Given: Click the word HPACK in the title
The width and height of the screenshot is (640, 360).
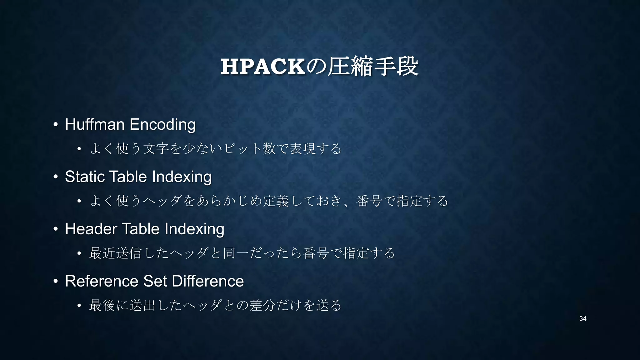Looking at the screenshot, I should click(x=263, y=67).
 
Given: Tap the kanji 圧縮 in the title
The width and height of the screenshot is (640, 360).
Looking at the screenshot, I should click(x=350, y=66).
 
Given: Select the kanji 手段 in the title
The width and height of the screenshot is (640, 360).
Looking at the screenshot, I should click(x=396, y=66).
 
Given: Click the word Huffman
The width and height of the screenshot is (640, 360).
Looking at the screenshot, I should click(x=95, y=124).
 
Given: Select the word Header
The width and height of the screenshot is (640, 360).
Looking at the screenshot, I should click(x=91, y=229).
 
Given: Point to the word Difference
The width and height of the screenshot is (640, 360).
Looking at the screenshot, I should click(x=208, y=281).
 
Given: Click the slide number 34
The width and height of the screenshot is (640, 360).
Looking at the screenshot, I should click(x=582, y=319).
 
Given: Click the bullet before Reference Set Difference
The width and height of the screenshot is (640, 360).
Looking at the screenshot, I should click(x=55, y=281).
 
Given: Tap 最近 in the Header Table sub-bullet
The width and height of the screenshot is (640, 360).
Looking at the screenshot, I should click(x=102, y=253).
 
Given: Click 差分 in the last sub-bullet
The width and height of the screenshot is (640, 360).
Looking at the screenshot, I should click(x=262, y=305).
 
